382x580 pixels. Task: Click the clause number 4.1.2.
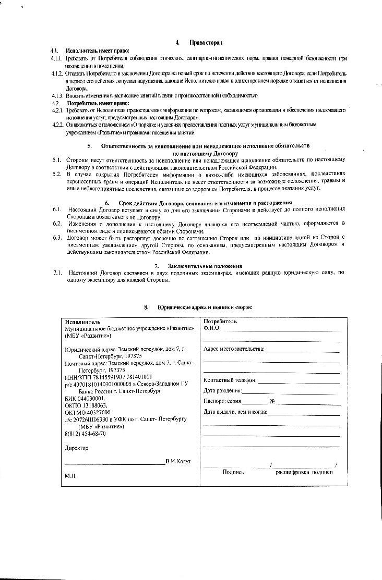pyautogui.click(x=57, y=73)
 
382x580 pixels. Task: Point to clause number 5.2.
pyautogui.click(x=57, y=174)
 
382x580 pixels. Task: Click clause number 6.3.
pyautogui.click(x=57, y=237)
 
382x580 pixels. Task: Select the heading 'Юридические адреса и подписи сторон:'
pyautogui.click(x=205, y=307)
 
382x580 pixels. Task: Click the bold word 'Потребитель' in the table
pyautogui.click(x=220, y=322)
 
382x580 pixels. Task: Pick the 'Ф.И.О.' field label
pyautogui.click(x=212, y=329)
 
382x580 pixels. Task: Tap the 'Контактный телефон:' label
pyautogui.click(x=230, y=380)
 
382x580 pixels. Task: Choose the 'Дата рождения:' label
pyautogui.click(x=223, y=390)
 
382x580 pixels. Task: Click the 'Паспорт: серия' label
pyautogui.click(x=222, y=401)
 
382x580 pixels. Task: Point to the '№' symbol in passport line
pyautogui.click(x=272, y=401)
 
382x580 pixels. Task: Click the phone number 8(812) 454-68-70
pyautogui.click(x=85, y=434)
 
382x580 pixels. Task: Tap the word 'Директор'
pyautogui.click(x=76, y=448)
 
